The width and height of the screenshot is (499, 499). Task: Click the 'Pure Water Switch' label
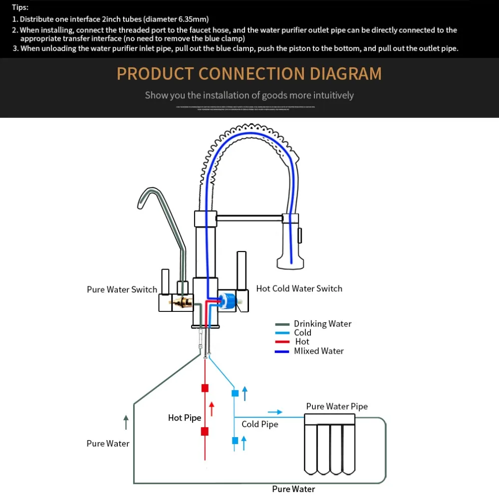(122, 289)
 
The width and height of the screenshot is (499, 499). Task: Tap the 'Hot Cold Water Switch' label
(299, 288)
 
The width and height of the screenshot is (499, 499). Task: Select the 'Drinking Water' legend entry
(322, 324)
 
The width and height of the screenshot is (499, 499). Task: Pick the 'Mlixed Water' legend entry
(318, 351)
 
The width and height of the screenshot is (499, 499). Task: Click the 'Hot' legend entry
(302, 342)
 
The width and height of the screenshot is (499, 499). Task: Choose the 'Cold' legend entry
(302, 333)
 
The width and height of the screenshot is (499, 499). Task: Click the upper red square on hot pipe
(205, 388)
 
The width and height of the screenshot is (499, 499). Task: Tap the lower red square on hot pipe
(205, 432)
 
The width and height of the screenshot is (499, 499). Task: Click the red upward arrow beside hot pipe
(212, 409)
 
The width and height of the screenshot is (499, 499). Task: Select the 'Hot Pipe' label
(185, 418)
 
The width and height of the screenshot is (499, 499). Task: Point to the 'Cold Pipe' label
(259, 424)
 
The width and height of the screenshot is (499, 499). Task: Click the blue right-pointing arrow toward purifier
(275, 412)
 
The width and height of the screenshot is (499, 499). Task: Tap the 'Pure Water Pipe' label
(337, 407)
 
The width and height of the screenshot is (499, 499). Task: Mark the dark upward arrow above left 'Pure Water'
(126, 422)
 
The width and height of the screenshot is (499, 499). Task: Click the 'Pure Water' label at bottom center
(293, 489)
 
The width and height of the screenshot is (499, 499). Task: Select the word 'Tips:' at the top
(20, 7)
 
